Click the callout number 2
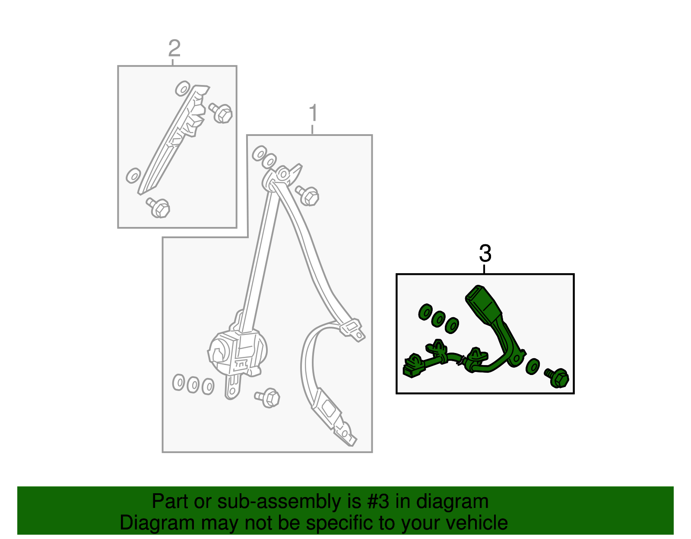[174, 49]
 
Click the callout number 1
[314, 113]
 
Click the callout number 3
[485, 253]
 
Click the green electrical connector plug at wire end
[411, 366]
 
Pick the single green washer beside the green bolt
[533, 366]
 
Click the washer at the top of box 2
[182, 89]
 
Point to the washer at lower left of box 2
[133, 176]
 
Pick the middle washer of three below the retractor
[193, 385]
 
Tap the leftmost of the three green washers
[425, 312]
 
